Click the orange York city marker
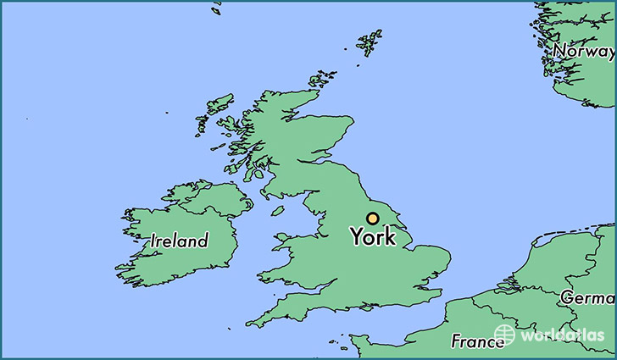point(373,218)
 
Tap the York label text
point(373,238)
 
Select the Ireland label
point(180,241)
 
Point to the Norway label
point(584,52)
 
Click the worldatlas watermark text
point(562,335)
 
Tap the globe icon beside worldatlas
point(504,334)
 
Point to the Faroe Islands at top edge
point(217,8)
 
